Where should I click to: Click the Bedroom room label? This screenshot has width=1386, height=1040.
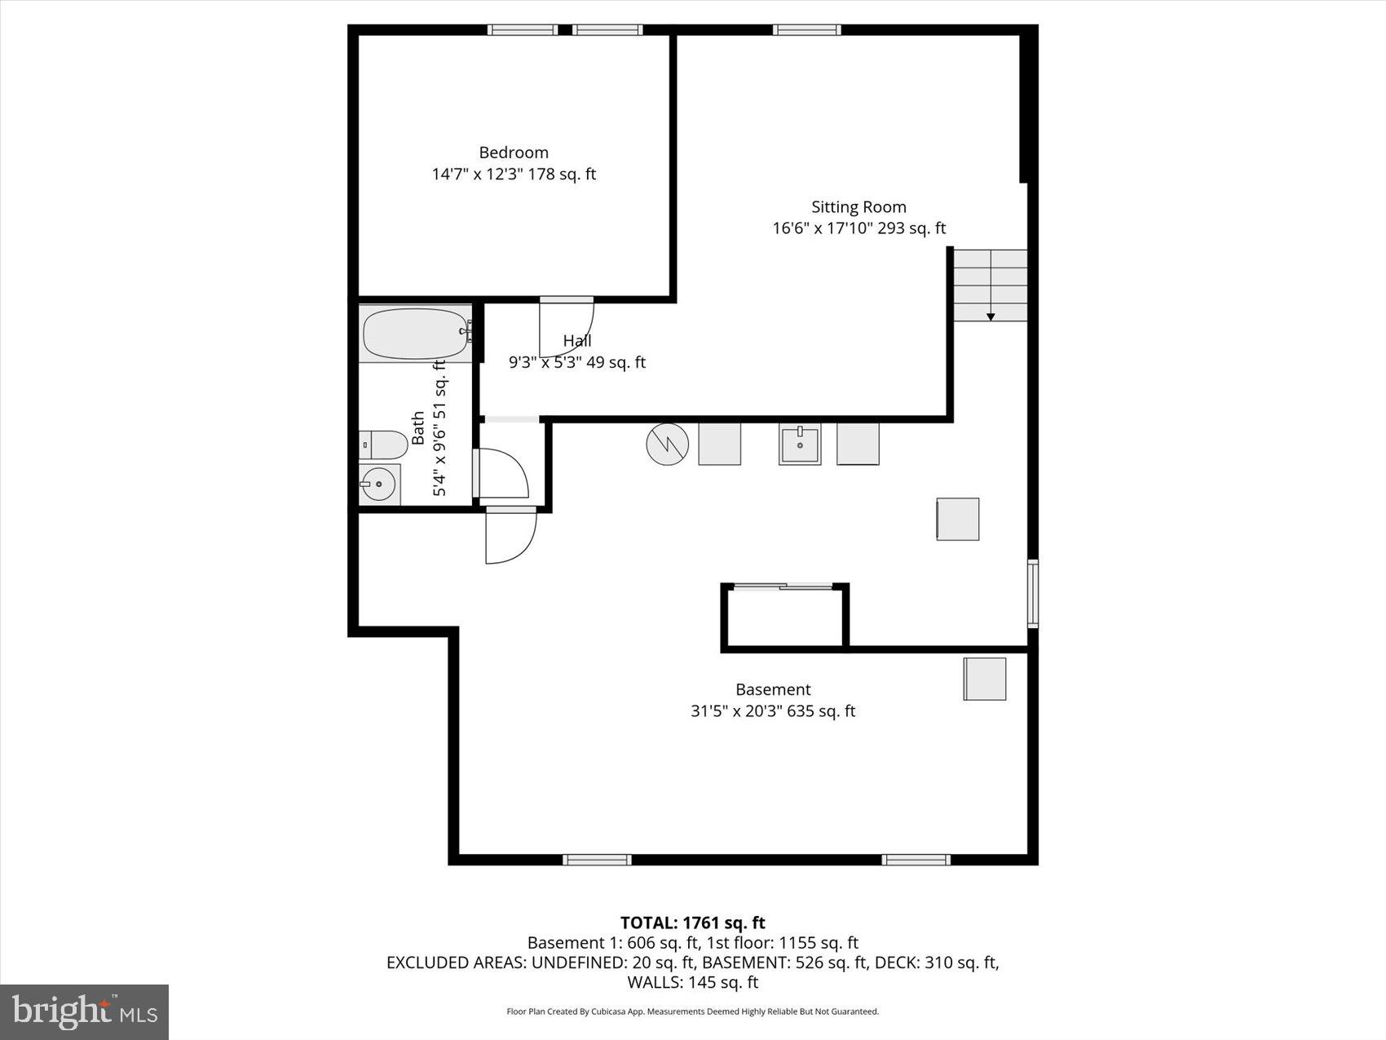513,153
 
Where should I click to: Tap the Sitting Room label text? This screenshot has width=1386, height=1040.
859,207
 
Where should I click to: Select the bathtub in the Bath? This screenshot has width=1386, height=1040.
415,333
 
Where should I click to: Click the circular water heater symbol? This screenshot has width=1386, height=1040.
667,445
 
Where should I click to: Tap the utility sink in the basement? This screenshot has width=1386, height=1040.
799,445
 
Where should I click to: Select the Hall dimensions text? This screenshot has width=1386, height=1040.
577,362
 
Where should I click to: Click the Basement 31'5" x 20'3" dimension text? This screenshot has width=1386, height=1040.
772,711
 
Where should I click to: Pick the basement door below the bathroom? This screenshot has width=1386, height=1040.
510,535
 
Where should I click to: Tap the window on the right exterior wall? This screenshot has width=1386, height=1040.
1032,593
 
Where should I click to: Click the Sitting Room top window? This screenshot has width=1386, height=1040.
806,30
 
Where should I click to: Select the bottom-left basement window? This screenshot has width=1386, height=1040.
597,859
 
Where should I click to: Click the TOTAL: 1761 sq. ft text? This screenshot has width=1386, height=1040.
692,923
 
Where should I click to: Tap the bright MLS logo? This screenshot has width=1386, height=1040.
85,1012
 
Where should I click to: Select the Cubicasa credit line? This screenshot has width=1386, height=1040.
692,1011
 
